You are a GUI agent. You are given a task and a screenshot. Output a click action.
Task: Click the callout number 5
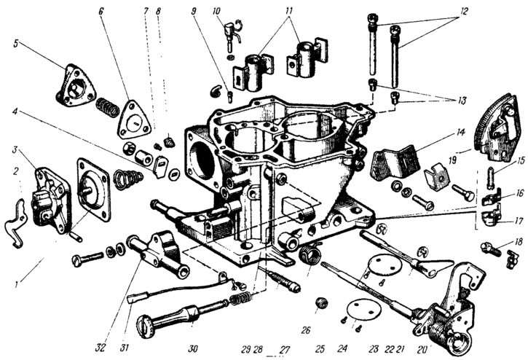pos(15,44)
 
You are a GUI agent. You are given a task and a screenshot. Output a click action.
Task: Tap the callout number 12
pos(462,12)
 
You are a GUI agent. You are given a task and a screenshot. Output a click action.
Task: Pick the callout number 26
pos(305,330)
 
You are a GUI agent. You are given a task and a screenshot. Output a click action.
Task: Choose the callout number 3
pos(15,149)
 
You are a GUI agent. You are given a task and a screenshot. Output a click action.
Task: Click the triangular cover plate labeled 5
pos(76,86)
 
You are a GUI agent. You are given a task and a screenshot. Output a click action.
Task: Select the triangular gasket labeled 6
pos(133,120)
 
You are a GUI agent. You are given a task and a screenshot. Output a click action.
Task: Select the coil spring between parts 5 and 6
pos(108,106)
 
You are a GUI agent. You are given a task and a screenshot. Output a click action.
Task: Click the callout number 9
pos(193,12)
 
